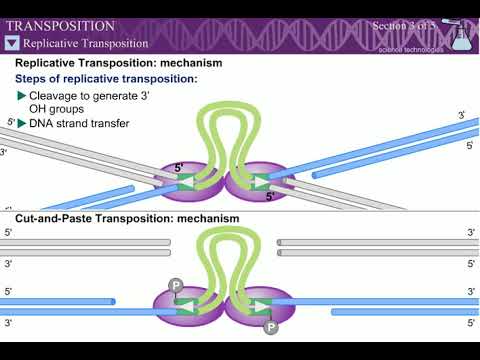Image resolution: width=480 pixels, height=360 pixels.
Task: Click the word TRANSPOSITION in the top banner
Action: pyautogui.click(x=60, y=25)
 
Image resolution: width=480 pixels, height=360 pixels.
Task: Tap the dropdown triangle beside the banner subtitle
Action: pyautogui.click(x=12, y=43)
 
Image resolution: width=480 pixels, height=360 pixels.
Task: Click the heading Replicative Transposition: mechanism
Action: pyautogui.click(x=118, y=63)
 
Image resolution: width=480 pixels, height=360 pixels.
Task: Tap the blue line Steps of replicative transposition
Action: pyautogui.click(x=106, y=78)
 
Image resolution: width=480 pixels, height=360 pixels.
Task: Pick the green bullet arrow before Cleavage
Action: pyautogui.click(x=22, y=95)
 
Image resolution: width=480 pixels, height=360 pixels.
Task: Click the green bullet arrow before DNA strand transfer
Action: pyautogui.click(x=22, y=123)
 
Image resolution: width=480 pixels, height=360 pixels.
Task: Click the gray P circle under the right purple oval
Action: pyautogui.click(x=270, y=327)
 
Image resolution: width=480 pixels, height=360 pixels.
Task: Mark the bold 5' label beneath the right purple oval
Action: pyautogui.click(x=269, y=197)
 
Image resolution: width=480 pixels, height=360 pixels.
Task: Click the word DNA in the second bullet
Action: pyautogui.click(x=43, y=123)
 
